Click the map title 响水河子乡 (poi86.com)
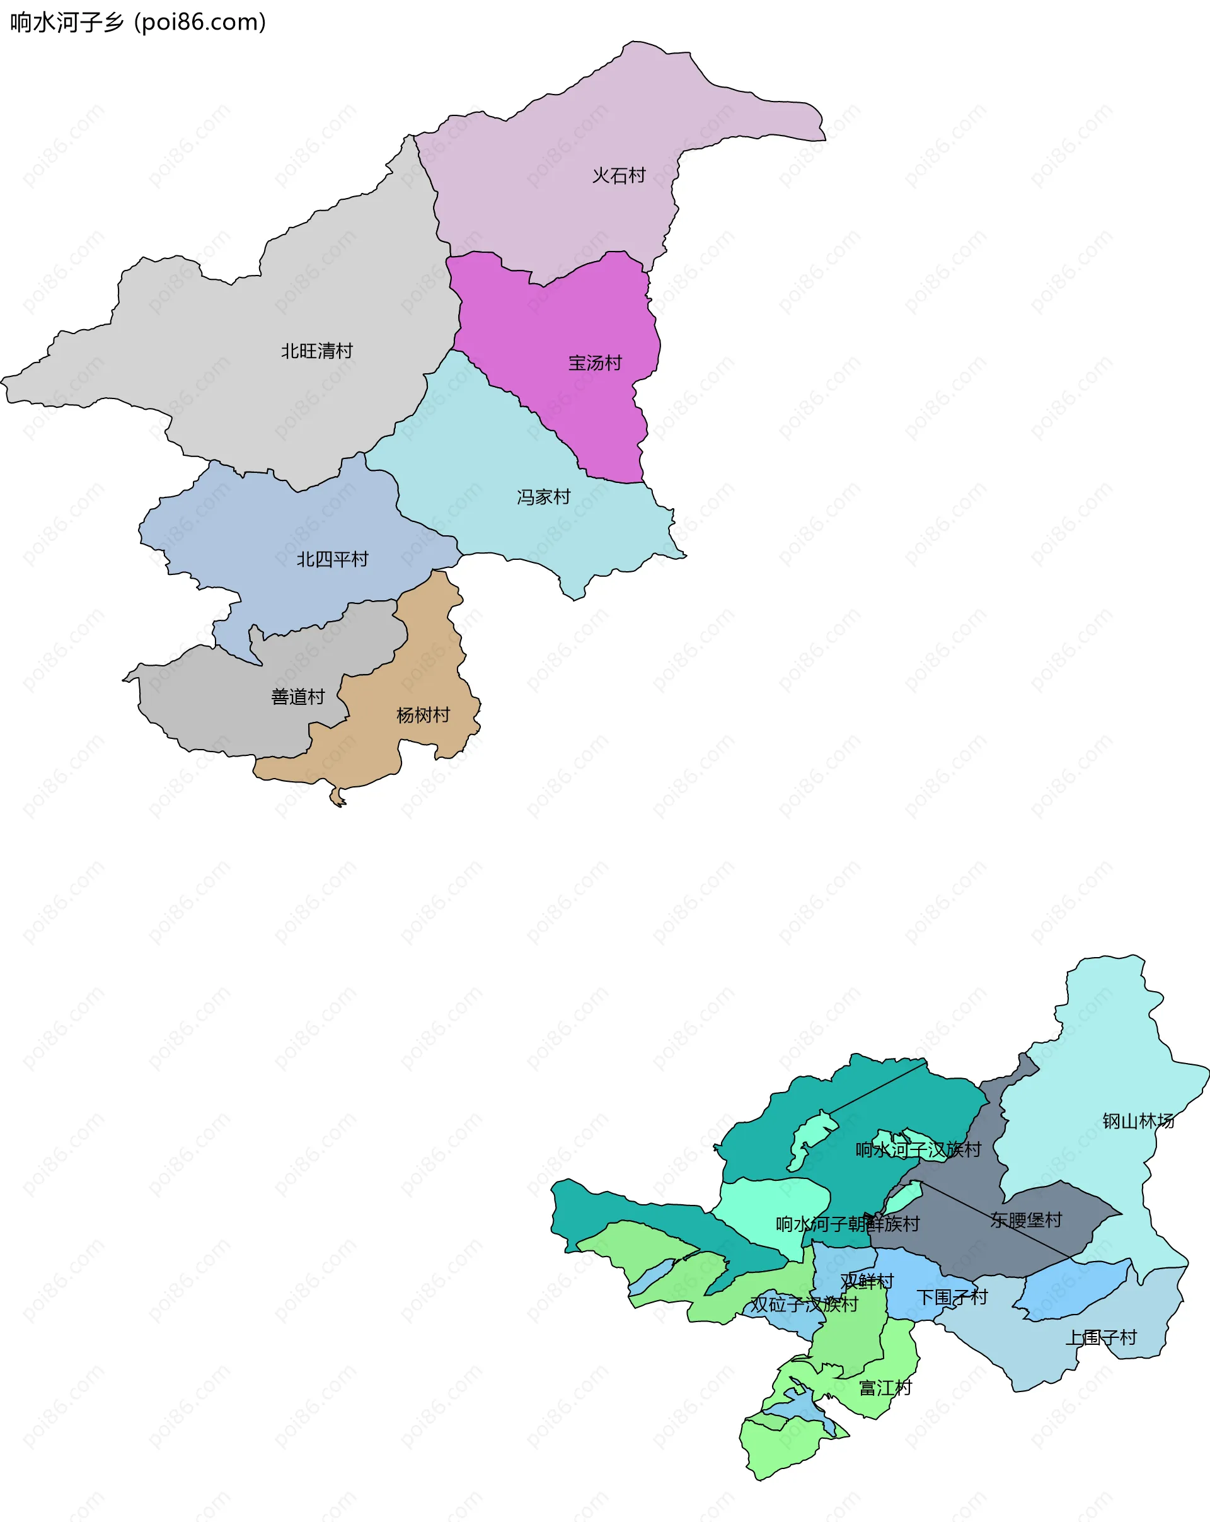pos(137,23)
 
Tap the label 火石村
pos(619,175)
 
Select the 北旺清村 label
pos(317,351)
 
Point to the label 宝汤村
pos(595,363)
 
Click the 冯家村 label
pos(543,497)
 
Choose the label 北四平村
pos(332,560)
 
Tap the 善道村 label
pos(297,697)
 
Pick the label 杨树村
pos(423,715)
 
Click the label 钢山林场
pos(1138,1121)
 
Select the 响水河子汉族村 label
pos(918,1150)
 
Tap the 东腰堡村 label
pos(1026,1220)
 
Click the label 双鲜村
pos(867,1281)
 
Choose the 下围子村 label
pos(952,1297)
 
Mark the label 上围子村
pos(1100,1338)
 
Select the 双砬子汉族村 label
pos(804,1304)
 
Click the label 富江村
pos(885,1388)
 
